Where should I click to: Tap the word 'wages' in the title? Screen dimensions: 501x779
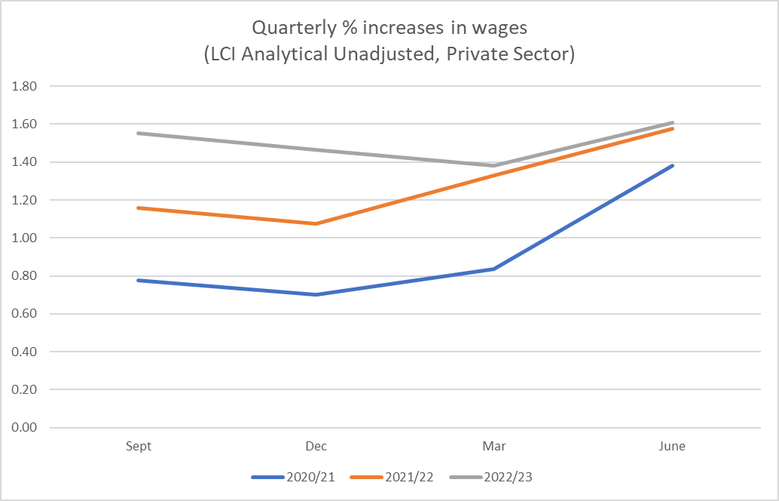(x=503, y=28)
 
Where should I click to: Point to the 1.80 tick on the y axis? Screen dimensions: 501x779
(x=26, y=86)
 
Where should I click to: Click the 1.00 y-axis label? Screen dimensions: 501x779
(x=26, y=238)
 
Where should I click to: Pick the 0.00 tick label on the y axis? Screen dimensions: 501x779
(x=26, y=428)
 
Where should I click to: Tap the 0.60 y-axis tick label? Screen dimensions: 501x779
(x=26, y=314)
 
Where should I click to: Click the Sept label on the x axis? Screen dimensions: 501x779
(x=139, y=446)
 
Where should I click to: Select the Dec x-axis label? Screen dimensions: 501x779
(x=316, y=446)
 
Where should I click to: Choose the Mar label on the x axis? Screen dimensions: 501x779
(x=494, y=446)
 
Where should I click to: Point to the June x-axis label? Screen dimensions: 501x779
(x=672, y=446)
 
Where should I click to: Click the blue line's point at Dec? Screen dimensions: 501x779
(x=316, y=294)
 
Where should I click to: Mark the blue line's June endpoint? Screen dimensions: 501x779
(x=672, y=165)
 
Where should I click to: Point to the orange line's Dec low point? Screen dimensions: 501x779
(x=316, y=223)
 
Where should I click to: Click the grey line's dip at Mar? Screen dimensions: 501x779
(x=494, y=165)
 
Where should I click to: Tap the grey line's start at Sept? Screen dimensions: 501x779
(x=139, y=134)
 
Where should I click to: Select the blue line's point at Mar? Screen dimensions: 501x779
(x=494, y=269)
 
